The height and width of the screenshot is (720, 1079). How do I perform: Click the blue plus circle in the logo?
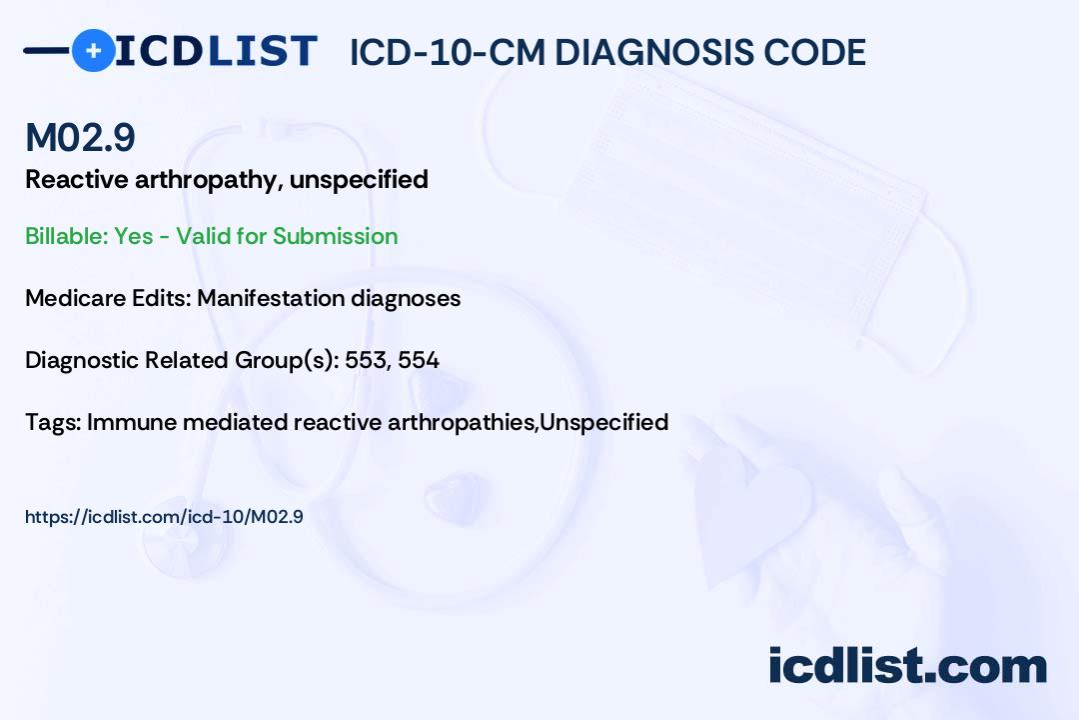click(x=93, y=50)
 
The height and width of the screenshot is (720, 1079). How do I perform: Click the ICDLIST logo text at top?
click(x=216, y=50)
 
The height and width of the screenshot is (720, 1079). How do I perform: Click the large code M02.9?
click(x=81, y=137)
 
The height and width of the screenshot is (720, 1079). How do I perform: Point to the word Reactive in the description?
click(x=76, y=179)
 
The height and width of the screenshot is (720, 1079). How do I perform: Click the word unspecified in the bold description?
click(x=359, y=180)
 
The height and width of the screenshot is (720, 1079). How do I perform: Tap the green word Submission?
click(x=335, y=236)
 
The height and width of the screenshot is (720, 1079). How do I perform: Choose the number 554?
click(x=419, y=360)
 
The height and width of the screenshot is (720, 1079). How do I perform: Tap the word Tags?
click(x=53, y=422)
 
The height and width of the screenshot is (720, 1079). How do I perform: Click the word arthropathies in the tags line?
click(x=463, y=422)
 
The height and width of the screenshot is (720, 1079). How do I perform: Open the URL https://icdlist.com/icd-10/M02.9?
click(x=164, y=517)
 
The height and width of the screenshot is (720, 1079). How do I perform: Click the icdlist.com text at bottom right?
click(x=907, y=666)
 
